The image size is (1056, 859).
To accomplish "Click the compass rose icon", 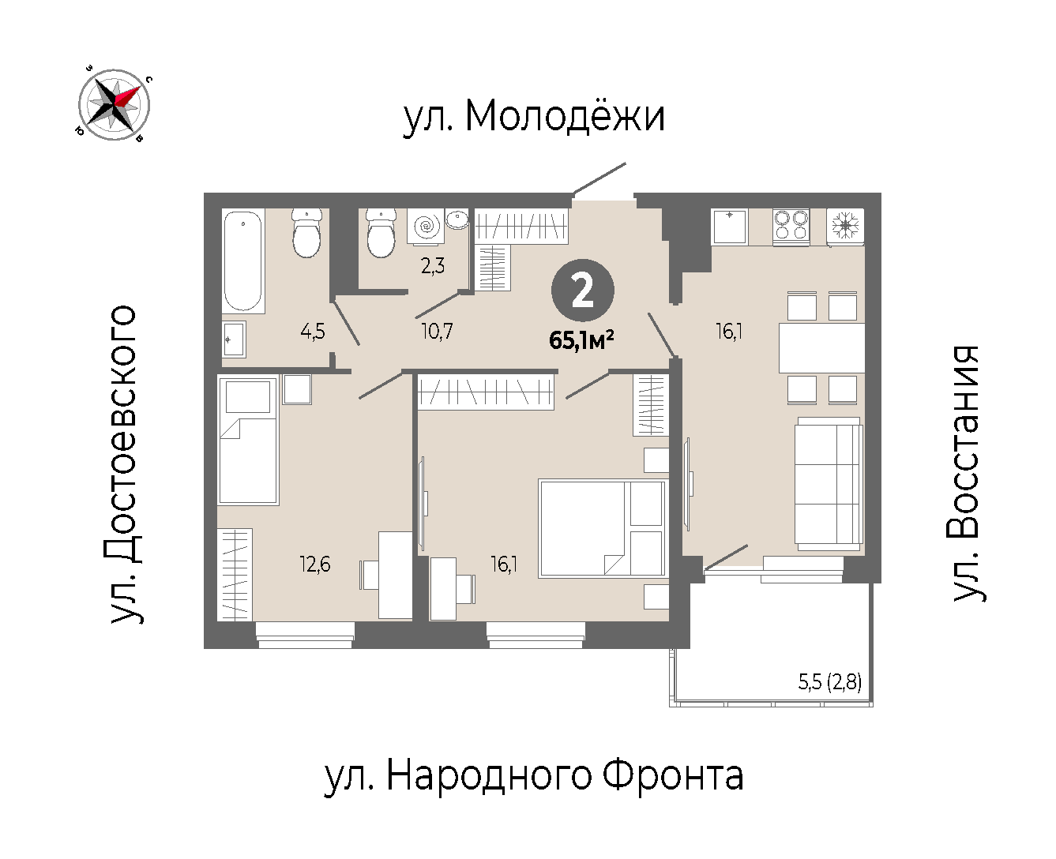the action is tap(115, 104).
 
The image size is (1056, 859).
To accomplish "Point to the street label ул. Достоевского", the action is tap(121, 464).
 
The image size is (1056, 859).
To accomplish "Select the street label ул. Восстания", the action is tap(965, 474).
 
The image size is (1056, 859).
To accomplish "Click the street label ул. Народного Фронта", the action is tap(534, 777).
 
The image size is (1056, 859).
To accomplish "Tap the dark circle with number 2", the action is tap(583, 291).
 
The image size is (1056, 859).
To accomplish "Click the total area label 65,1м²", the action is tap(581, 341).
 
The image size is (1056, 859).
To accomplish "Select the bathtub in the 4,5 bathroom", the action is tap(243, 261).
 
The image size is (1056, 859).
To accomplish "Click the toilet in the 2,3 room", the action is tap(381, 232).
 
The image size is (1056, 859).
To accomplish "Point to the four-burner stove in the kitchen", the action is tap(791, 227).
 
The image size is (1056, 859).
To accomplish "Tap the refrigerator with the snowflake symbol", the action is tap(845, 227).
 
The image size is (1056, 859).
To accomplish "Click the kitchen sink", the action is tap(729, 227).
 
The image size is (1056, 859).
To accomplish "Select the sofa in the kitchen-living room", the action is tap(829, 483).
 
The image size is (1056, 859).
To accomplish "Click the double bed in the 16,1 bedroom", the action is tap(603, 528).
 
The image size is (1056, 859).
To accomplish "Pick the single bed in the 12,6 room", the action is tap(248, 440).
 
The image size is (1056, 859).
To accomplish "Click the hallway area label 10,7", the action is tap(437, 331).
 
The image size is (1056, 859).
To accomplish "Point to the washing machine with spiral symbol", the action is tap(426, 227).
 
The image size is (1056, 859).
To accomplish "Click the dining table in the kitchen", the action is tap(821, 348).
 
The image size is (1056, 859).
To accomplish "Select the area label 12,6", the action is tap(315, 564).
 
